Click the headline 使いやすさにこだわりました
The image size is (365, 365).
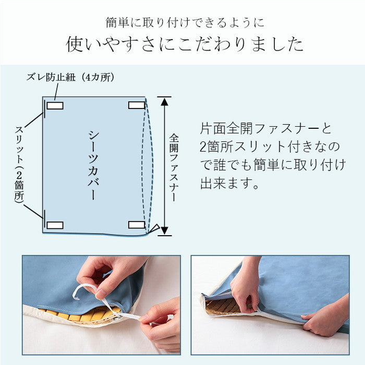[x=185, y=44]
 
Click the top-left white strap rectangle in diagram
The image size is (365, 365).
[x=55, y=106]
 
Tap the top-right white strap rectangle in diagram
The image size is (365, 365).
[x=137, y=105]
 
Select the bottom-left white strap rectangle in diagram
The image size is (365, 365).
[x=55, y=225]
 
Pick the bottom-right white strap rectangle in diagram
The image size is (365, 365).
[x=137, y=225]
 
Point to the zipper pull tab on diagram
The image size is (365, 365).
[x=154, y=228]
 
